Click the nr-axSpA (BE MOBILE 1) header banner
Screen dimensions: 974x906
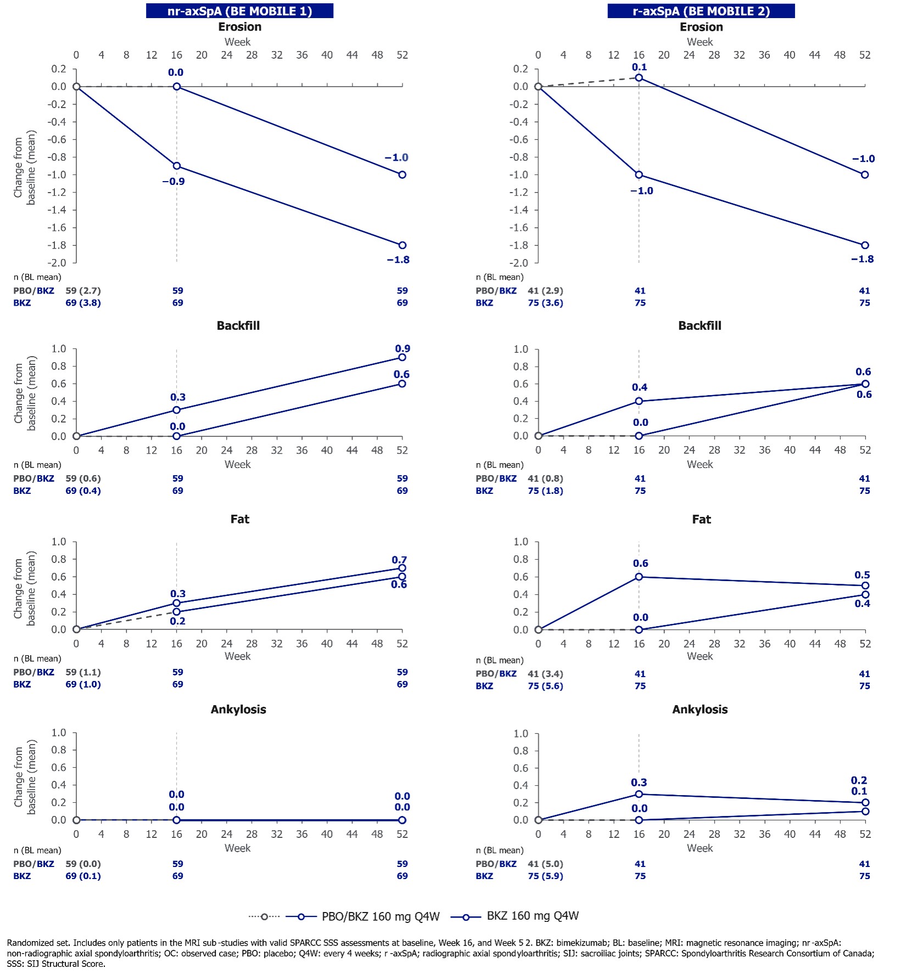point(239,11)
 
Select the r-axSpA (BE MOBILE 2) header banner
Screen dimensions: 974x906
point(701,11)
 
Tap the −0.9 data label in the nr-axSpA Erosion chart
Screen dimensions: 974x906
point(174,182)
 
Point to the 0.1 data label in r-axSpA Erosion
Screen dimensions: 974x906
point(639,67)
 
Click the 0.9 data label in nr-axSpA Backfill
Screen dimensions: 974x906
point(402,348)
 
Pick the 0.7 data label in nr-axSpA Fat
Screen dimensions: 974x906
point(399,560)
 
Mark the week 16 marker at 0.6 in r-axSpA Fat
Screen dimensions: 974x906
point(639,577)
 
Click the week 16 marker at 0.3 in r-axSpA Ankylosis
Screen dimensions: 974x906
point(639,794)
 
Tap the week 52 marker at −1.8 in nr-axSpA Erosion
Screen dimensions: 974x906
point(402,245)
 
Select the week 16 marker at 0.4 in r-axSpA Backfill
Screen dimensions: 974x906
point(639,401)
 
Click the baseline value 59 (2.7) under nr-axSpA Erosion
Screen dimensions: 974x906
point(83,291)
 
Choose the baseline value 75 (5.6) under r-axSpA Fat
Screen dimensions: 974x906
point(545,686)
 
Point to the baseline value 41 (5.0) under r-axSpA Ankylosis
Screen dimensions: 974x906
point(545,864)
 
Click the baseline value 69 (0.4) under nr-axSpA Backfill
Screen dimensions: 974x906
point(83,491)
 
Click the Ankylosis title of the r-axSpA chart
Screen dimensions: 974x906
point(700,710)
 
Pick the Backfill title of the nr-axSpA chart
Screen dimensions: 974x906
point(238,325)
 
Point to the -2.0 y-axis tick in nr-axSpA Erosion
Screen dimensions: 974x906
point(59,263)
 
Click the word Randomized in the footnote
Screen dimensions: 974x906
point(29,943)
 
